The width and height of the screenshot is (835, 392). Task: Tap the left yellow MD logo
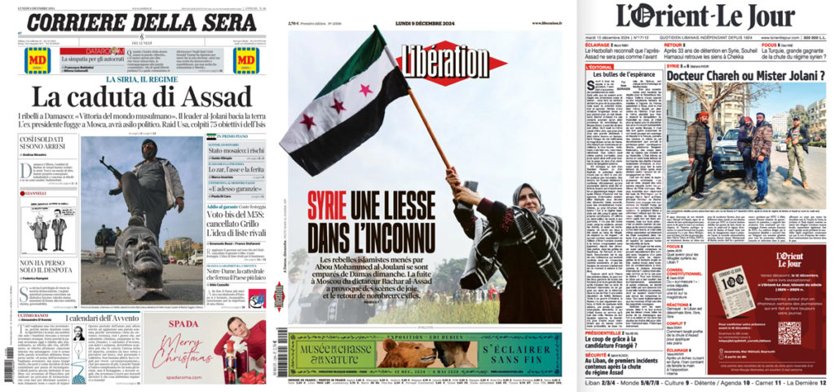[x=36, y=60]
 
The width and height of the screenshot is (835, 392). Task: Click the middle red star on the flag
[x=338, y=106]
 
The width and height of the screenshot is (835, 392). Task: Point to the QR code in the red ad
[x=789, y=332]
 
